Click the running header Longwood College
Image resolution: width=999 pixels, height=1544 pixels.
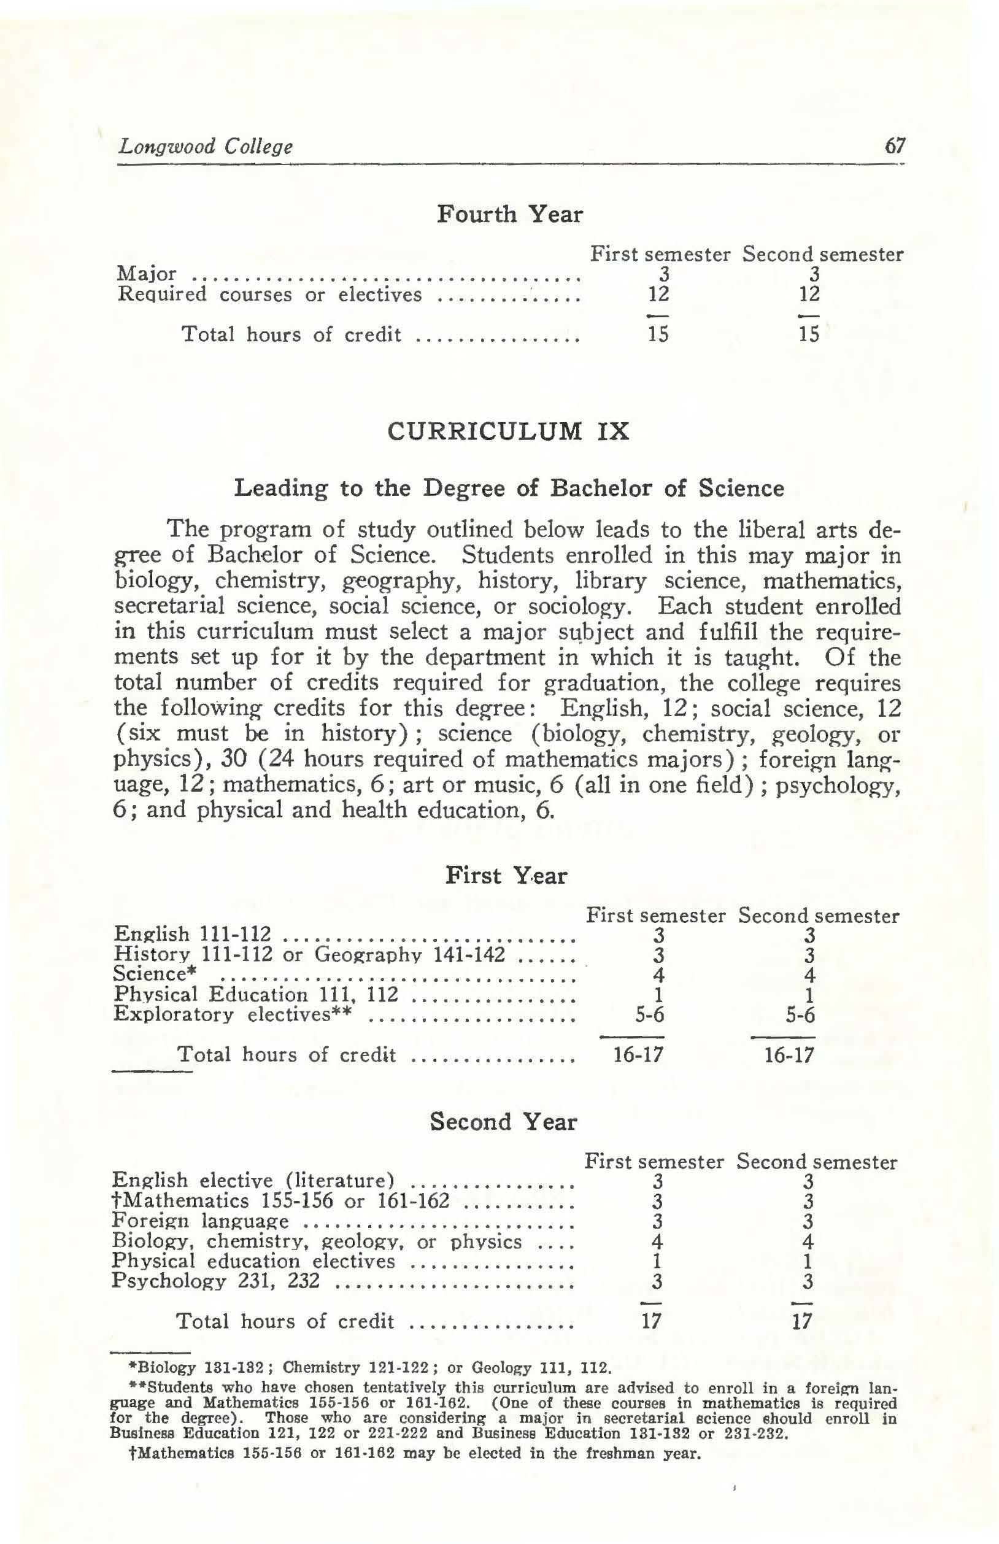click(x=205, y=147)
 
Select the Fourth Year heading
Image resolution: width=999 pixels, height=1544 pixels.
click(x=509, y=214)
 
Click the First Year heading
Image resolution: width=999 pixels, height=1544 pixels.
click(x=506, y=876)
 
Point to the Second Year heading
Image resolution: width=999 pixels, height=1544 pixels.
click(x=503, y=1121)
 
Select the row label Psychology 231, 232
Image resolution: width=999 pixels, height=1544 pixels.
click(x=215, y=1281)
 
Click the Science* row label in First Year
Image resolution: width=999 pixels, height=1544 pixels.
click(x=155, y=975)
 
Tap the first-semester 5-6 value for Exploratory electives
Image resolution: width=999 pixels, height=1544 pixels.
click(x=650, y=1014)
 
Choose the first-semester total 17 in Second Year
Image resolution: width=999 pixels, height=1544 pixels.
click(x=650, y=1321)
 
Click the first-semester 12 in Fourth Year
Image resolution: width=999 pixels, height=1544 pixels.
click(x=658, y=295)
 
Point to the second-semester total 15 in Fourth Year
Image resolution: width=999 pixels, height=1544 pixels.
click(x=809, y=334)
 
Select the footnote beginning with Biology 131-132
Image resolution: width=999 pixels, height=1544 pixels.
click(x=371, y=1368)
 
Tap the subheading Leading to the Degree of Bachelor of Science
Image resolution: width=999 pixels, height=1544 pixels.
click(x=509, y=488)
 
